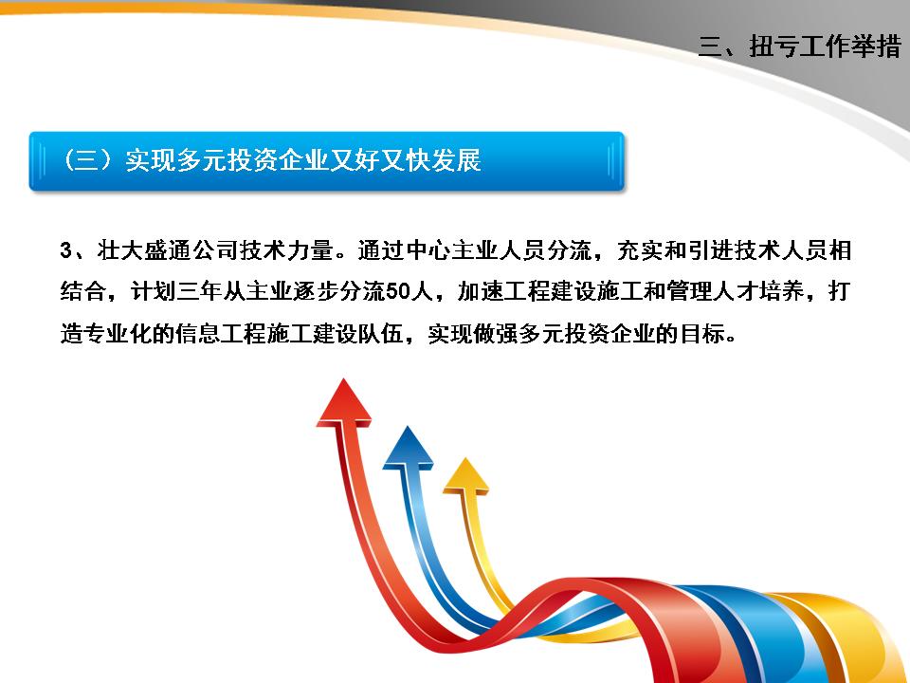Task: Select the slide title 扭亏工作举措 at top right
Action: tap(825, 46)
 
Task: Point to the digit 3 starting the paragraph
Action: tap(64, 251)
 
